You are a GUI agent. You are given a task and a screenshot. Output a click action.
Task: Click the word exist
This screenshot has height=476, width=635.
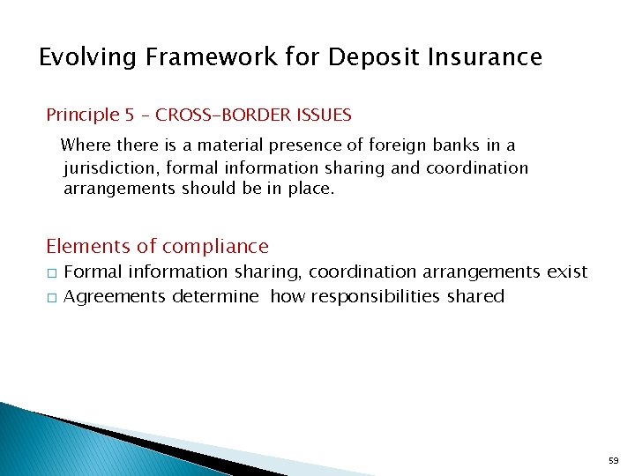coord(567,272)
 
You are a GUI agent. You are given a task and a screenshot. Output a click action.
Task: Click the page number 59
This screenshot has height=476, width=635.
coord(615,460)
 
